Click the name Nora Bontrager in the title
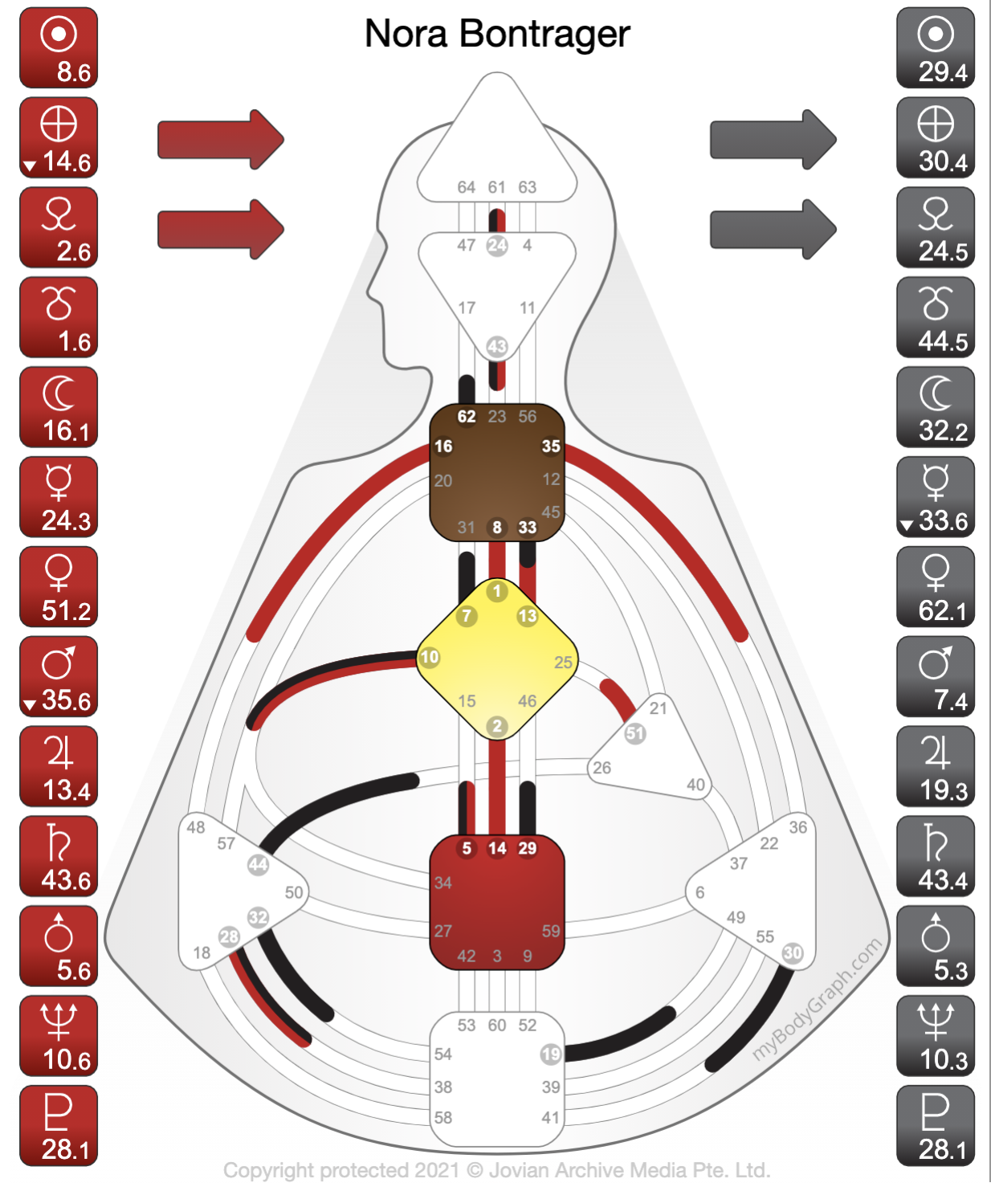(497, 34)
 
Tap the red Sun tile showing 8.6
(59, 48)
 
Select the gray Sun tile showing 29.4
(936, 48)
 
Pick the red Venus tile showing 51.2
(59, 587)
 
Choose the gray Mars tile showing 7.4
(936, 677)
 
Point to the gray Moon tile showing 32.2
(936, 407)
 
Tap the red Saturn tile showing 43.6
(59, 856)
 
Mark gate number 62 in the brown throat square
(467, 417)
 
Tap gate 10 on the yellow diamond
(430, 657)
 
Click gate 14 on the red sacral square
(497, 848)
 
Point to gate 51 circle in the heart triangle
(635, 733)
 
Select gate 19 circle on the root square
(551, 1054)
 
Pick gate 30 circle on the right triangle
(793, 952)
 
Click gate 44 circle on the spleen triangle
(258, 865)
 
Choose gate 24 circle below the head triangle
(497, 246)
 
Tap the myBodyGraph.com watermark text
(817, 1000)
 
